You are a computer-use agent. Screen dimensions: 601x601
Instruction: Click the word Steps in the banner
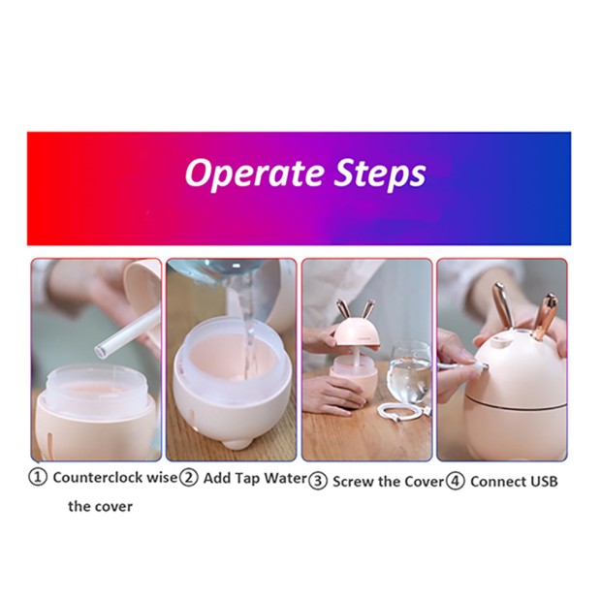[x=380, y=174]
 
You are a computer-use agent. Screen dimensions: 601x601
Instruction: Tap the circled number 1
[x=38, y=478]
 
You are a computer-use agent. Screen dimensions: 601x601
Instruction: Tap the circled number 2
[x=189, y=478]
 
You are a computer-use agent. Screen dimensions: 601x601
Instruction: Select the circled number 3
[x=318, y=481]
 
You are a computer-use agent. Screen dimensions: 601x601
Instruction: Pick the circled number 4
[x=456, y=481]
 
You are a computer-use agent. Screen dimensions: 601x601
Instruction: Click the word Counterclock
[x=99, y=478]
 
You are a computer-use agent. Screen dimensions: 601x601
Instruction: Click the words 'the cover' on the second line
[x=101, y=507]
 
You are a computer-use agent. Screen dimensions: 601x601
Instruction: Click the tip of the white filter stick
[x=100, y=350]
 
